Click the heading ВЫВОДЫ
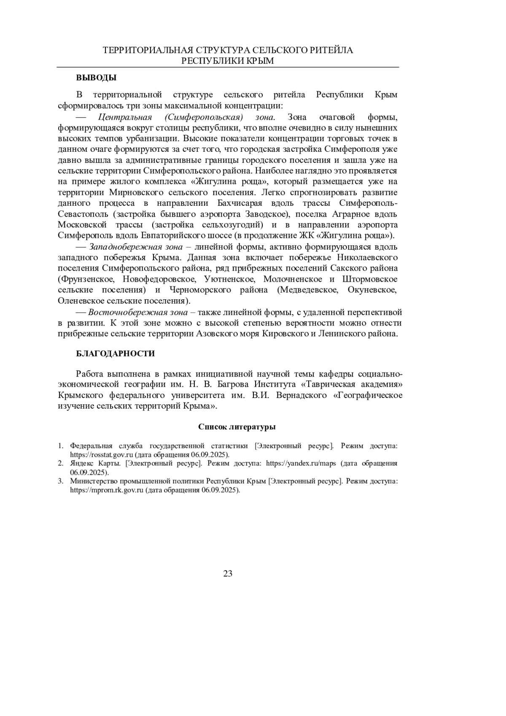(96, 78)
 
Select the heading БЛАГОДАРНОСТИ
(115, 354)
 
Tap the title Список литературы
(237, 427)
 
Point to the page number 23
(228, 573)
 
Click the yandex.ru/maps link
(301, 463)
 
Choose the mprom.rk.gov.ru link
(107, 490)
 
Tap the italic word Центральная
(124, 117)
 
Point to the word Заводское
(266, 214)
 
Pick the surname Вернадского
(300, 396)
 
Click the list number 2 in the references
(60, 463)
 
